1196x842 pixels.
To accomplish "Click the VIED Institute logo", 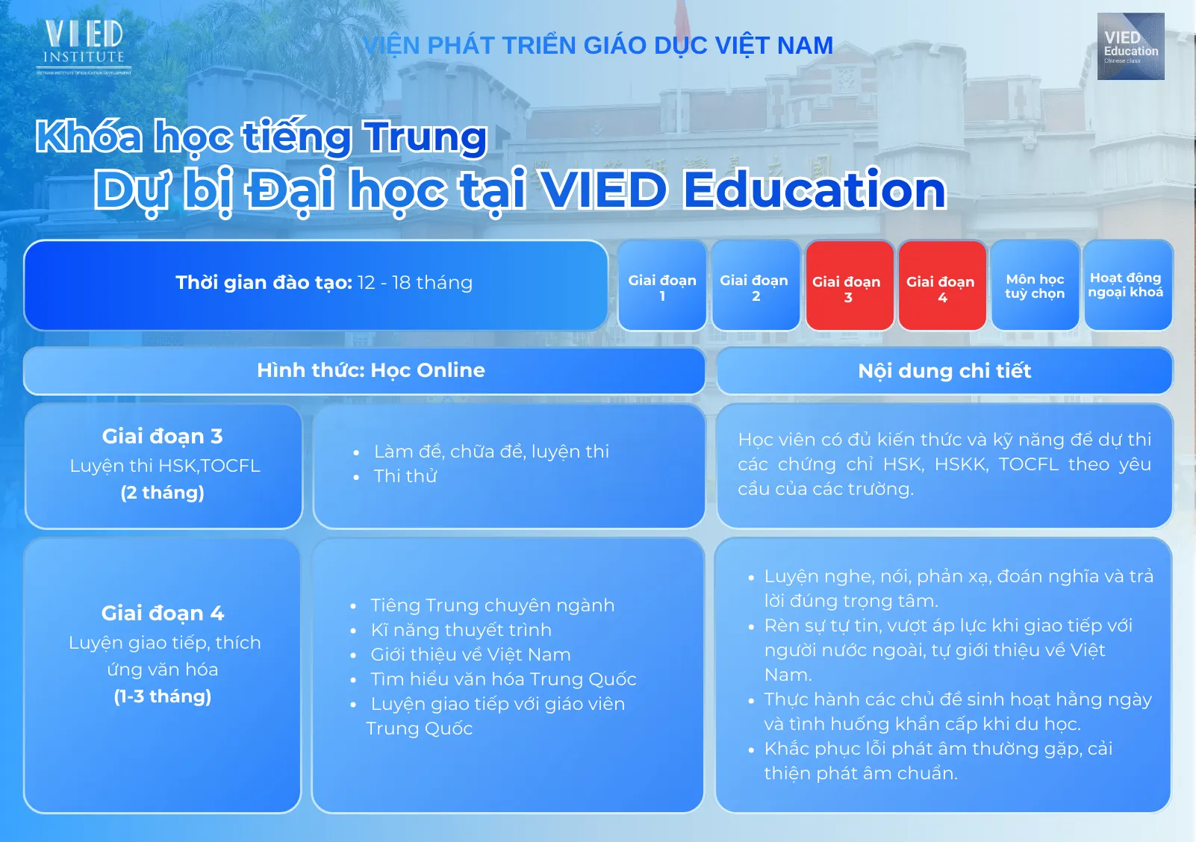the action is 84,47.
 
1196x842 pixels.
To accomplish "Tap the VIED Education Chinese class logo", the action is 1130,46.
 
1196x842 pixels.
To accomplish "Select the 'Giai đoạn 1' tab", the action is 662,286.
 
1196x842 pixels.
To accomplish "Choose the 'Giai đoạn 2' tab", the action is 755,286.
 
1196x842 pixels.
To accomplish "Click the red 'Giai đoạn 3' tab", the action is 849,286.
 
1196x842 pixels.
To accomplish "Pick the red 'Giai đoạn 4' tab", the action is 942,286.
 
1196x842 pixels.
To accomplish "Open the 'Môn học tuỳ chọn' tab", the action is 1035,286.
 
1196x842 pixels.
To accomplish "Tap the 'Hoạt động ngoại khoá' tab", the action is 1127,286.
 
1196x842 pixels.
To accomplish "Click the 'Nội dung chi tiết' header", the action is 944,370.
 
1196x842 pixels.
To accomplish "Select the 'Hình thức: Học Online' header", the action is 364,370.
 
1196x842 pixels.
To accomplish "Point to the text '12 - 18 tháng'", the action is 415,282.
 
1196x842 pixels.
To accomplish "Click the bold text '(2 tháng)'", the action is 162,492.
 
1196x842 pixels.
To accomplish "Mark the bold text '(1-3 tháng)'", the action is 162,696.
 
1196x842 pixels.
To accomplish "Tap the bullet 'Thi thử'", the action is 405,475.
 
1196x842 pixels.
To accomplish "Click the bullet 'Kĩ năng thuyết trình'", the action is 461,630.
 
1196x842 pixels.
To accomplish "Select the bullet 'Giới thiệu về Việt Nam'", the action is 470,655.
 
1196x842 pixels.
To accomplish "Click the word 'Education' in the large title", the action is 815,190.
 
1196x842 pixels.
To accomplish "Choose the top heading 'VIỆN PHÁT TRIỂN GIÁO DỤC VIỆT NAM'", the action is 598,46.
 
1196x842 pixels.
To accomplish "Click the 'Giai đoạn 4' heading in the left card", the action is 162,613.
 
